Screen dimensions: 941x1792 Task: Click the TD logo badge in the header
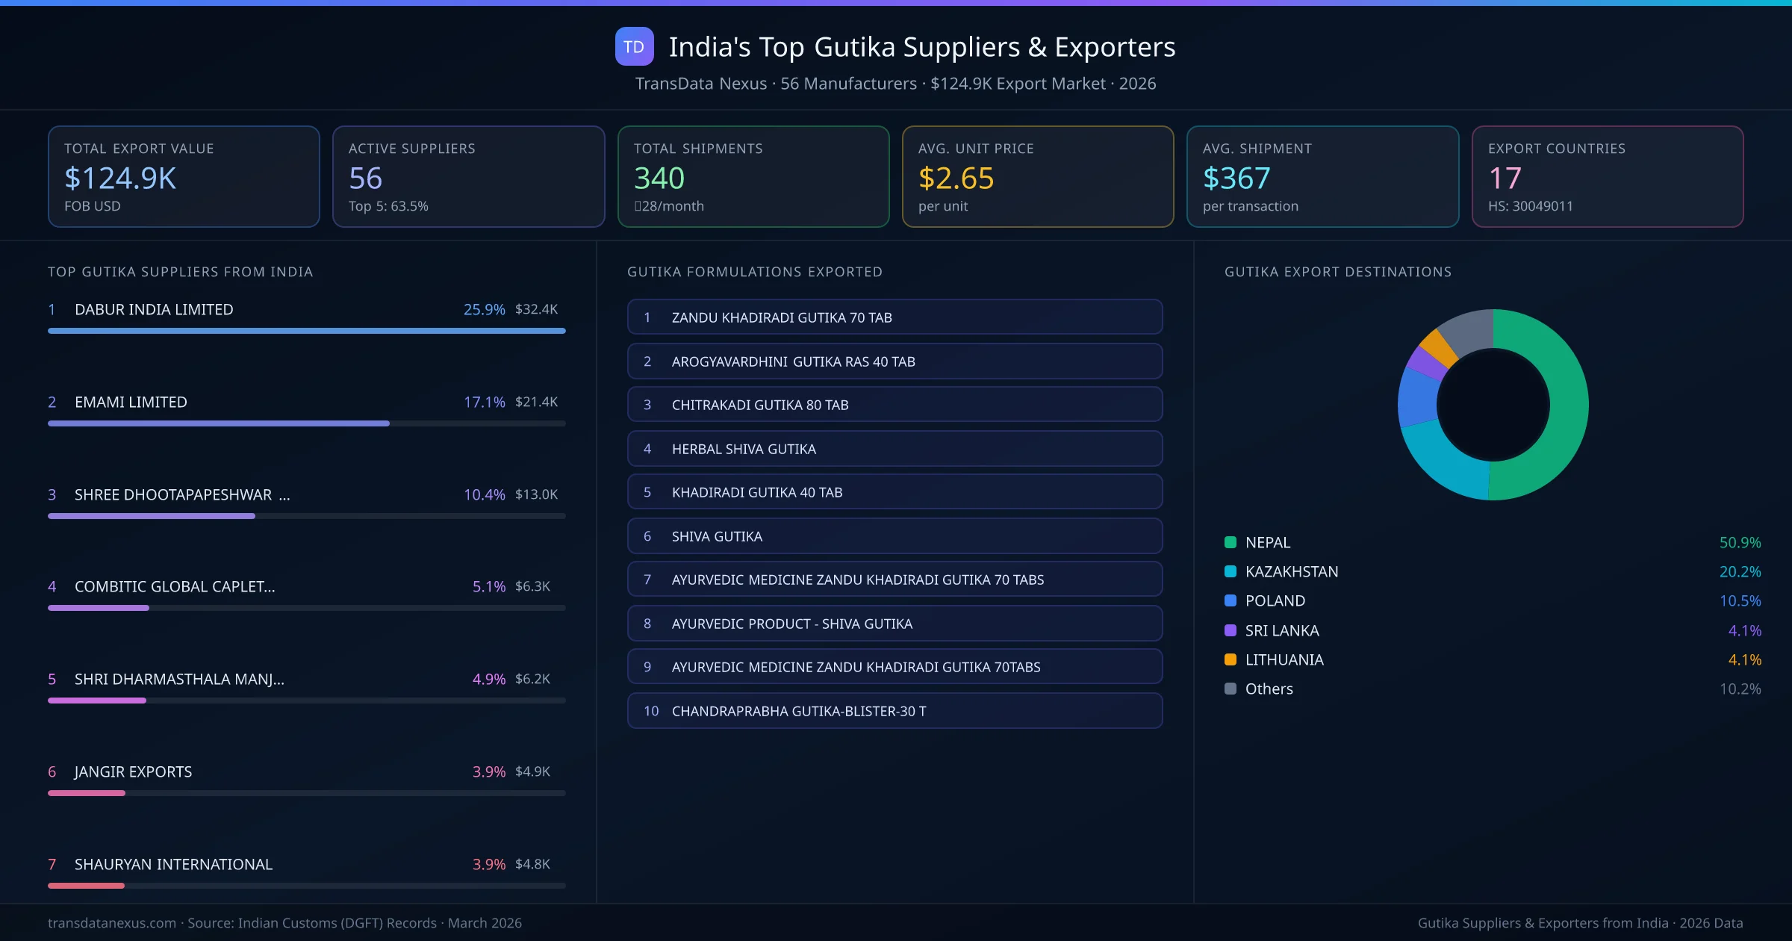tap(634, 47)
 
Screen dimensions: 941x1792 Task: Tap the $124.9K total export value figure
tap(120, 178)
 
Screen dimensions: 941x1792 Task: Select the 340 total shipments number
tap(659, 178)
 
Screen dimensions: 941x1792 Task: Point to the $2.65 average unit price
tap(956, 178)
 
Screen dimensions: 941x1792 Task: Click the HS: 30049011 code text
tap(1530, 206)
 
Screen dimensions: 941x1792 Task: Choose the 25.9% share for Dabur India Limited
tap(484, 309)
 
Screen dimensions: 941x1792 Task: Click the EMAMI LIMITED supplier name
tap(131, 402)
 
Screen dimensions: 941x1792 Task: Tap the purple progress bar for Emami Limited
tap(218, 423)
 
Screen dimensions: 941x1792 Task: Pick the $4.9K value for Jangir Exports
tap(532, 771)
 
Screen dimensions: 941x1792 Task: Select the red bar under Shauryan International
tap(86, 886)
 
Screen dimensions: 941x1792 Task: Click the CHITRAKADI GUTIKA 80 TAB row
tap(895, 405)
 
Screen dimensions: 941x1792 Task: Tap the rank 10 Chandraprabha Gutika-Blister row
tap(895, 711)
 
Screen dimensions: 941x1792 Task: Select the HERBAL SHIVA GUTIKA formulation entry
tap(744, 449)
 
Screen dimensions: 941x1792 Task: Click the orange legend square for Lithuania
tap(1231, 659)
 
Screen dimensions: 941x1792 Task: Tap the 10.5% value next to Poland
tap(1740, 601)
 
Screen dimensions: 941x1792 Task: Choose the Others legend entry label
tap(1269, 689)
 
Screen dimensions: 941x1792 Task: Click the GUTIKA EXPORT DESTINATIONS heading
tap(1337, 272)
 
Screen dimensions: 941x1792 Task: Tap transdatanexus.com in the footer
tap(112, 923)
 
